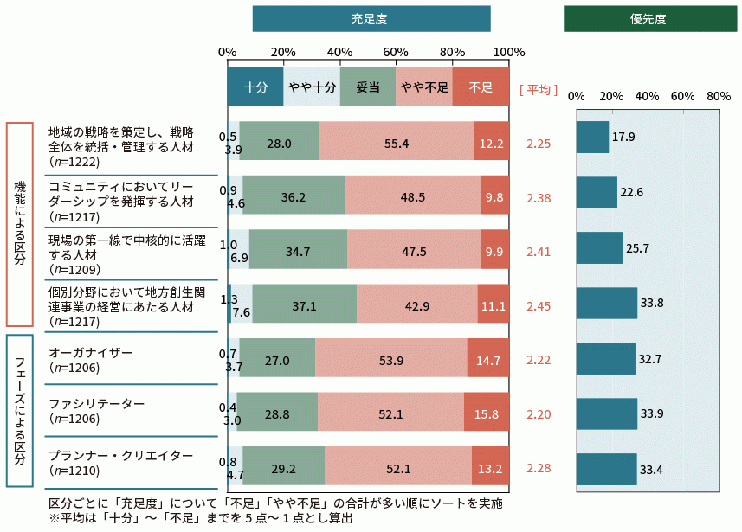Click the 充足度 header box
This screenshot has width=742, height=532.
tap(371, 19)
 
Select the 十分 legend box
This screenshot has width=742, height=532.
tap(255, 87)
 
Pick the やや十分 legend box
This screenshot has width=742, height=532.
tap(312, 87)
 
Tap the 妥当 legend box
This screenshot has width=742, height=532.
tap(368, 87)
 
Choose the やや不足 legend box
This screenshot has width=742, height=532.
tap(424, 87)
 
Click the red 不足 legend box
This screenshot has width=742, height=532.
tap(481, 87)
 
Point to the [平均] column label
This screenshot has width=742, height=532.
tap(538, 89)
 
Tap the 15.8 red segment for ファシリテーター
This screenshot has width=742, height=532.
tap(487, 413)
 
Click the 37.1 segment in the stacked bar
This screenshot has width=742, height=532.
tap(305, 304)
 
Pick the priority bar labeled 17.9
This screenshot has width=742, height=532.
tap(592, 138)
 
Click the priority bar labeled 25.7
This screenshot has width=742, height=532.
tap(600, 248)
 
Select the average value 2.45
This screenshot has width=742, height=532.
tap(539, 305)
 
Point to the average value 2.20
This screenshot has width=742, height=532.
tap(539, 414)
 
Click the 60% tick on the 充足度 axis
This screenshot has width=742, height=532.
tap(396, 51)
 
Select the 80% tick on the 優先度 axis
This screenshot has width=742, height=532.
tap(719, 97)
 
